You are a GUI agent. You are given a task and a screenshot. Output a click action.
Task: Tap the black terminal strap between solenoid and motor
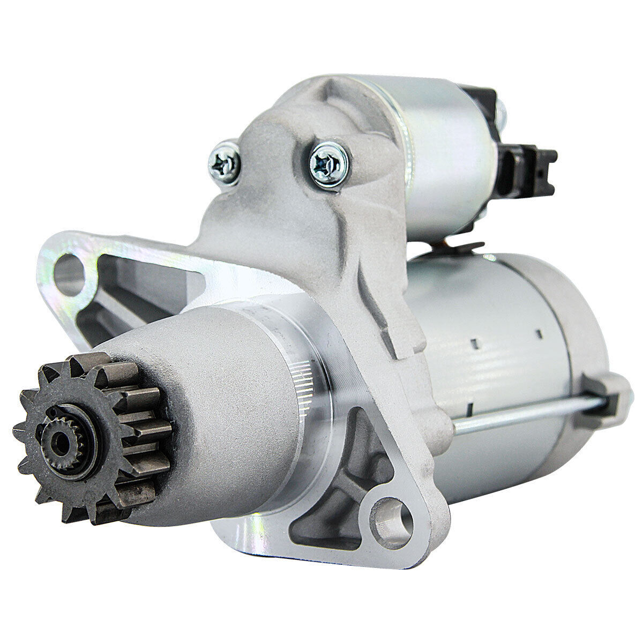click(x=461, y=248)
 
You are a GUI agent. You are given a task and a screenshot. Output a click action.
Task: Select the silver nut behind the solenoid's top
click(x=501, y=111)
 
